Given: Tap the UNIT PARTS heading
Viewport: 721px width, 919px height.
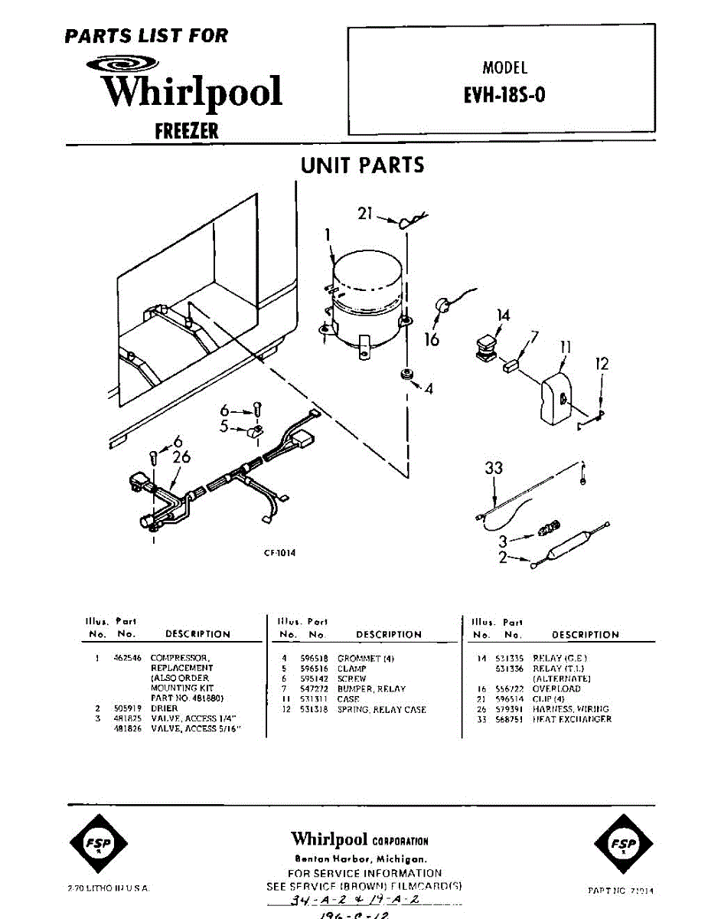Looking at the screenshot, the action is pos(362,165).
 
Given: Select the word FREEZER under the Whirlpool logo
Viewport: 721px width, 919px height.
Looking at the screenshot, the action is pos(186,131).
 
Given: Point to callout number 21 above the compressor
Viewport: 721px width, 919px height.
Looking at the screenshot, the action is pos(364,214).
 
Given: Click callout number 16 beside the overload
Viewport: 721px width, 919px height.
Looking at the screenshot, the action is pos(432,338).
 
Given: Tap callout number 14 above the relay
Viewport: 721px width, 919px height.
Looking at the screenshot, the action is pos(502,315).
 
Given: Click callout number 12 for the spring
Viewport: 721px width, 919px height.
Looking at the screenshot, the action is pos(602,364).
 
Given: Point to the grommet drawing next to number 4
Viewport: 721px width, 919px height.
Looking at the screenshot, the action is pos(406,374).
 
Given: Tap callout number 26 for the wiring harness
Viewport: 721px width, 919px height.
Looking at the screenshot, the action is pos(181,458).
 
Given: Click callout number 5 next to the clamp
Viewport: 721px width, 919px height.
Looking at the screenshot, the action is pos(224,427).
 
